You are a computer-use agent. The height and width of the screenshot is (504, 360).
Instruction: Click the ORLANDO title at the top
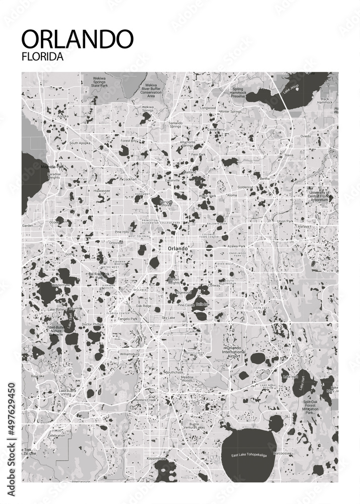(x=78, y=39)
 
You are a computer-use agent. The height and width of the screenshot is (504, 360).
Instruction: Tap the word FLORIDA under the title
(x=43, y=57)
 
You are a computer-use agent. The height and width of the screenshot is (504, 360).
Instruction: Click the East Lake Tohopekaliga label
(x=250, y=455)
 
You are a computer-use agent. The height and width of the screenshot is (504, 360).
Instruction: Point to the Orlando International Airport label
(x=235, y=352)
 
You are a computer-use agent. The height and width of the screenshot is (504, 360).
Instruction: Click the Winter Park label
(x=207, y=196)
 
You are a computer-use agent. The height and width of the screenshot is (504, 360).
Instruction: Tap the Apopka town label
(x=63, y=116)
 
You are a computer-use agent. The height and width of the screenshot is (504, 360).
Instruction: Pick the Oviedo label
(x=306, y=137)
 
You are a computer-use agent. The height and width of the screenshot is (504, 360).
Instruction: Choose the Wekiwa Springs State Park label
(x=102, y=82)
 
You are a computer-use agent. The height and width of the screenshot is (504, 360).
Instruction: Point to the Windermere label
(x=61, y=285)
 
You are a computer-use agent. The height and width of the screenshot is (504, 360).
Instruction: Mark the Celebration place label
(x=56, y=435)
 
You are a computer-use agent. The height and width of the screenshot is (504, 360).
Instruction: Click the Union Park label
(x=285, y=221)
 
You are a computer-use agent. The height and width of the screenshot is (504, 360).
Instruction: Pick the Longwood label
(x=208, y=108)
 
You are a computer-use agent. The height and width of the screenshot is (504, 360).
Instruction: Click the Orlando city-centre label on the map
(x=177, y=248)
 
